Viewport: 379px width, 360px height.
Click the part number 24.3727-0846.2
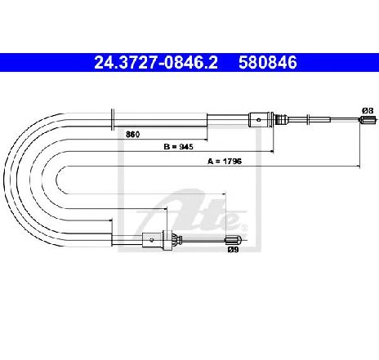click(156, 63)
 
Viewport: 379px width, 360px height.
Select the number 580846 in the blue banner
click(268, 63)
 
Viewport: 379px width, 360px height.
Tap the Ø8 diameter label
click(368, 111)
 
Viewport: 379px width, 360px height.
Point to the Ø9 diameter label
click(234, 249)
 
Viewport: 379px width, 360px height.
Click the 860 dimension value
click(133, 135)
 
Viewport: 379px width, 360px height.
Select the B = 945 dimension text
click(178, 147)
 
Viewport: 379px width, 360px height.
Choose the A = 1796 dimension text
click(225, 162)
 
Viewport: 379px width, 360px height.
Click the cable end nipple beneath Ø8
click(368, 119)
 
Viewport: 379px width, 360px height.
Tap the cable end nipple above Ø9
click(234, 240)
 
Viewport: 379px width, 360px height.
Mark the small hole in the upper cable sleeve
click(259, 119)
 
